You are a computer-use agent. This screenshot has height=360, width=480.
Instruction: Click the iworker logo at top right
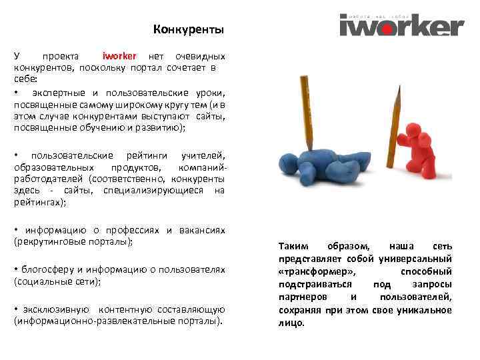click(x=401, y=25)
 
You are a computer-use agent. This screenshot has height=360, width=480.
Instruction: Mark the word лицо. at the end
click(x=291, y=323)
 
